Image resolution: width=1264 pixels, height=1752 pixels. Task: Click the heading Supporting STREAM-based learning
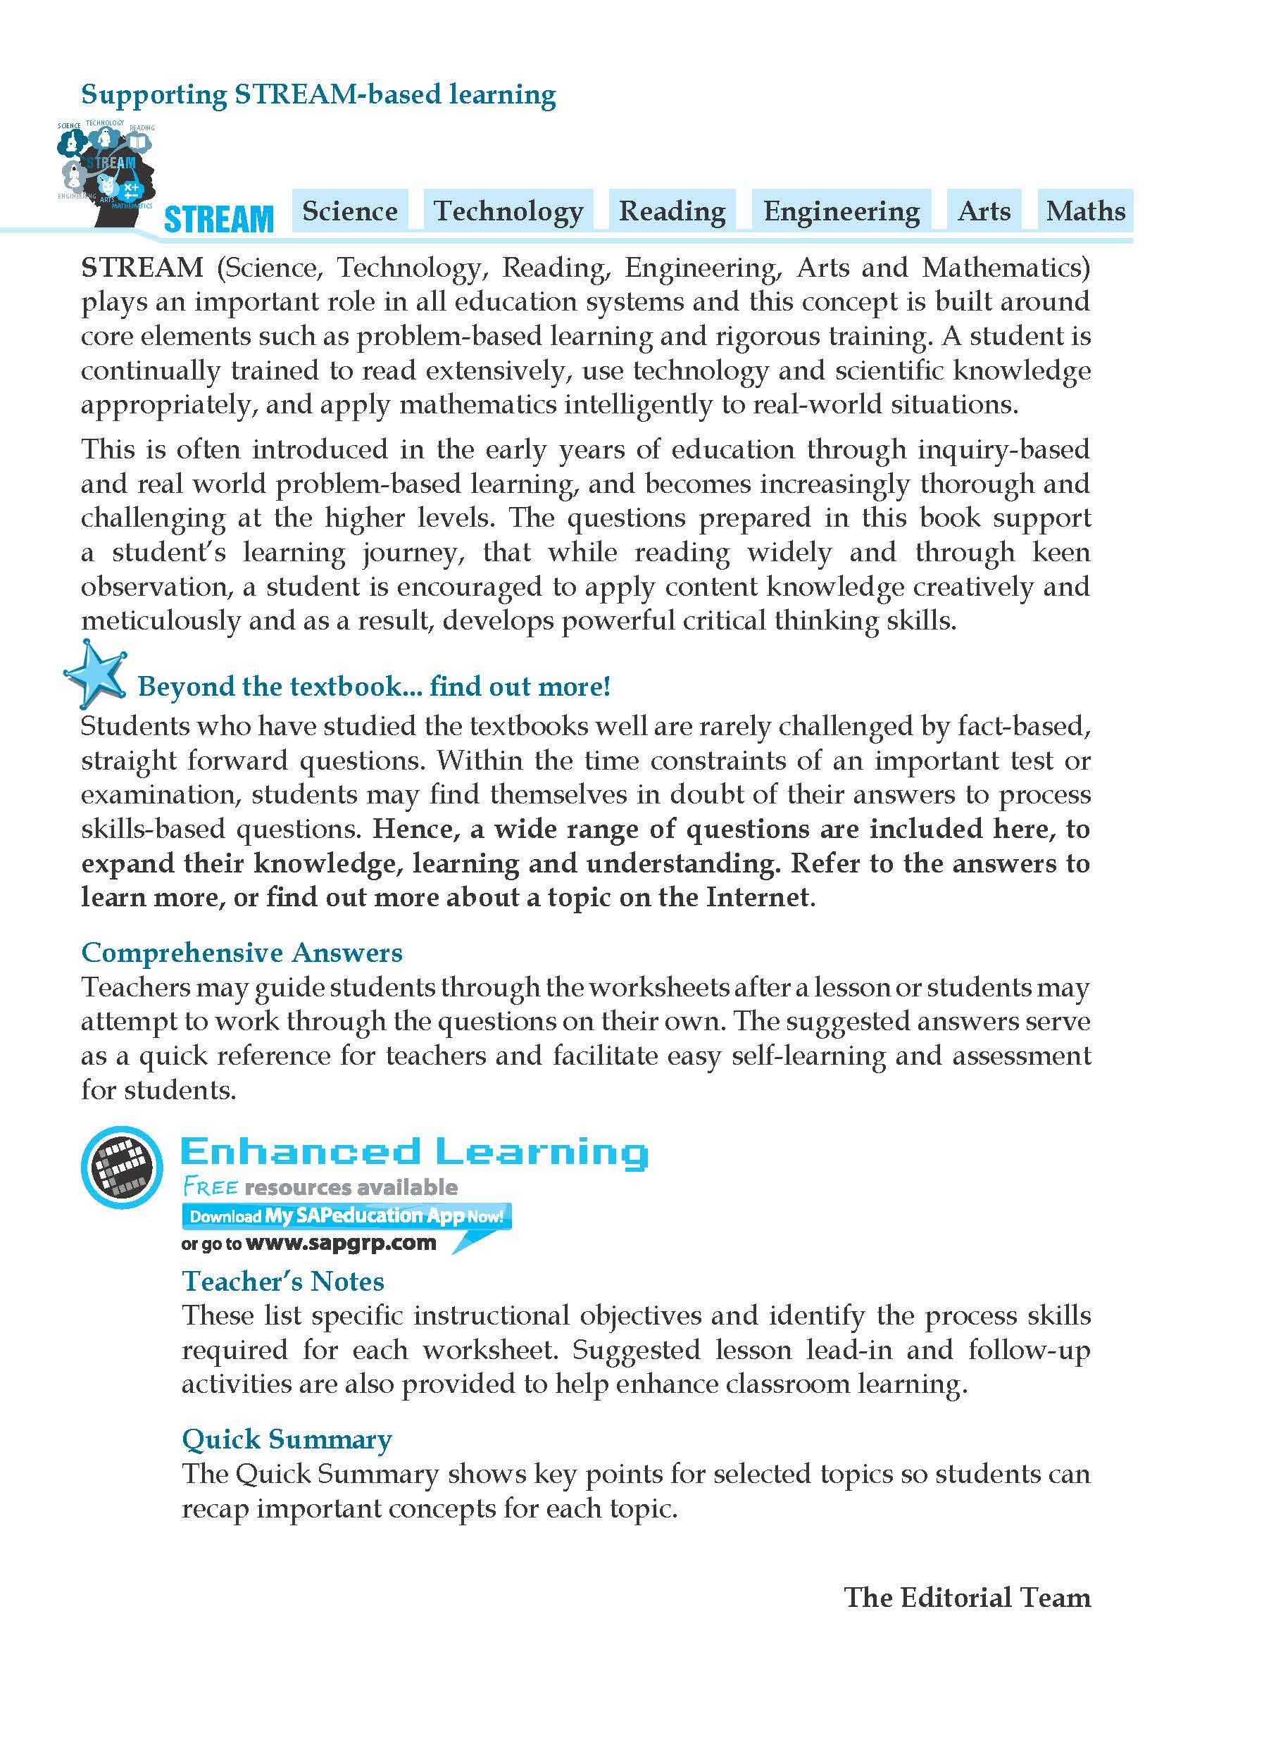318,95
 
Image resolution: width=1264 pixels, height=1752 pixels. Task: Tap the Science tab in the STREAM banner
350,211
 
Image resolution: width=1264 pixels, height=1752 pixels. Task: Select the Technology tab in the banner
508,211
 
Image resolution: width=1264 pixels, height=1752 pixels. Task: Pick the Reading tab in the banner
672,211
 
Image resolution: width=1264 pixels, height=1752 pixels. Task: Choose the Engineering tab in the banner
841,211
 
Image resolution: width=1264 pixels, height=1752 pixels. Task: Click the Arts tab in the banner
984,211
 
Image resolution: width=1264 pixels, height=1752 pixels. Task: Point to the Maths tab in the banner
1086,211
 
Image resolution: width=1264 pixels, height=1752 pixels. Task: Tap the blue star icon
94,674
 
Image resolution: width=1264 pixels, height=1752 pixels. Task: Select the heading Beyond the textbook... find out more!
374,686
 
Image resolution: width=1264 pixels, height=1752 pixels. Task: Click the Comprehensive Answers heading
242,953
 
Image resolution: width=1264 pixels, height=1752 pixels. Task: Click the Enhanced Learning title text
414,1152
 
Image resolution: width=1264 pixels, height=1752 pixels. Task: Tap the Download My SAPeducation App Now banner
346,1216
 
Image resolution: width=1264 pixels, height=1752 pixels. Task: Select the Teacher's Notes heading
283,1282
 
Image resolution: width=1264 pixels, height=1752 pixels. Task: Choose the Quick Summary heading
287,1439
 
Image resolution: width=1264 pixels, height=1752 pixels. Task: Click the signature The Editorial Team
968,1597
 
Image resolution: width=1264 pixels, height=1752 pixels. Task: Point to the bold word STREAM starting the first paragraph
142,268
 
